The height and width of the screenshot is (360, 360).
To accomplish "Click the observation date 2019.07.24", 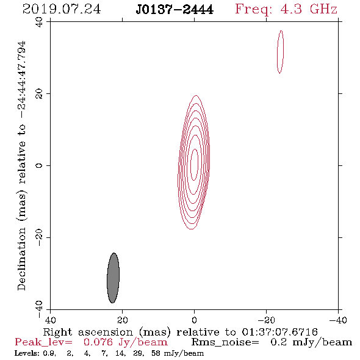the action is click(x=62, y=9).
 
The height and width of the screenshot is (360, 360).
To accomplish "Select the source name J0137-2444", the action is click(x=175, y=10).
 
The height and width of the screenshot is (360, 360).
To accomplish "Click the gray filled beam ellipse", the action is click(x=113, y=278).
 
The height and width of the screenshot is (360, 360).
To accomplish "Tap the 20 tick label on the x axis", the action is click(x=122, y=320).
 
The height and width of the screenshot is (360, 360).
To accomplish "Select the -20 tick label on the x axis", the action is click(x=266, y=320).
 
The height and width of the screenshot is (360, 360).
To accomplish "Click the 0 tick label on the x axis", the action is click(x=194, y=320).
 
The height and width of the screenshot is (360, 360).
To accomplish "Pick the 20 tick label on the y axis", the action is click(x=39, y=94).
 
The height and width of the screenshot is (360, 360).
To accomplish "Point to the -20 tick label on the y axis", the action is click(x=39, y=237).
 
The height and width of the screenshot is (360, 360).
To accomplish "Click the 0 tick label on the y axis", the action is click(x=39, y=165).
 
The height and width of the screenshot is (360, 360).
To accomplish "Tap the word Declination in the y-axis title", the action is click(x=22, y=259).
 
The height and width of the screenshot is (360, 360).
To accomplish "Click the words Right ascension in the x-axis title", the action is click(x=88, y=332).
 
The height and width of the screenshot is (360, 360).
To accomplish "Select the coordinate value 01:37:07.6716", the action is click(x=279, y=332).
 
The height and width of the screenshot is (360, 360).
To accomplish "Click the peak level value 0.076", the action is click(x=98, y=342).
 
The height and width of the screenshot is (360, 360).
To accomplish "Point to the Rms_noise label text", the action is click(x=225, y=342).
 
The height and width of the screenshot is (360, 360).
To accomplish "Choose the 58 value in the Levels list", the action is click(x=156, y=353).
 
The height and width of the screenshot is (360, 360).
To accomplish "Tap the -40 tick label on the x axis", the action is click(x=338, y=320).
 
